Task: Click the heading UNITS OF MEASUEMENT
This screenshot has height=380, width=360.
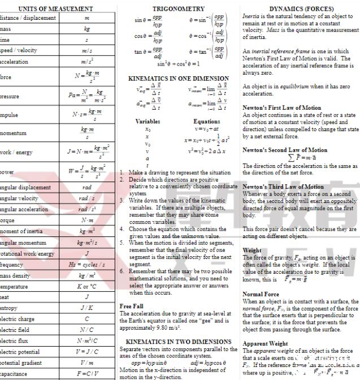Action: [55, 8]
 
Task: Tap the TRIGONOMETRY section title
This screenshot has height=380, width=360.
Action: [179, 9]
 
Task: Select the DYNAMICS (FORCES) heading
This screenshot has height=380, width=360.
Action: [301, 9]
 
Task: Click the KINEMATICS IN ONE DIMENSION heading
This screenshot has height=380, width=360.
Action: [179, 79]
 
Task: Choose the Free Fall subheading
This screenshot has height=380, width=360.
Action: [132, 306]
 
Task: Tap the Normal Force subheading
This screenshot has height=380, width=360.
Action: [261, 294]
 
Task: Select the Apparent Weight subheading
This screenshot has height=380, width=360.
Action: [265, 343]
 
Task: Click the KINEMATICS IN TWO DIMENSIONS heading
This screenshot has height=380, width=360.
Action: [179, 342]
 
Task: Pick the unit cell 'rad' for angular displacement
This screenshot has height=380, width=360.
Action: [86, 187]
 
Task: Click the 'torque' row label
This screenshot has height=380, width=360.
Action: [9, 221]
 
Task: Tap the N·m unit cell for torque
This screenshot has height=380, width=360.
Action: [86, 221]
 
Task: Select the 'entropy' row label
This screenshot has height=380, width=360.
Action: [10, 308]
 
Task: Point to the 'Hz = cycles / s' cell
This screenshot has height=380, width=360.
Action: [86, 265]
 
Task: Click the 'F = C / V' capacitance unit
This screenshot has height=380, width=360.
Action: [86, 374]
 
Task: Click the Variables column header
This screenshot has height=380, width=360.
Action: [148, 121]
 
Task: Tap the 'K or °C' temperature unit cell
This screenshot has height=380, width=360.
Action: [86, 287]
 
